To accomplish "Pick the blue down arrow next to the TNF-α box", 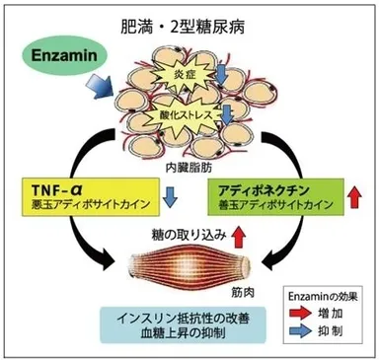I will click(170, 198).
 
